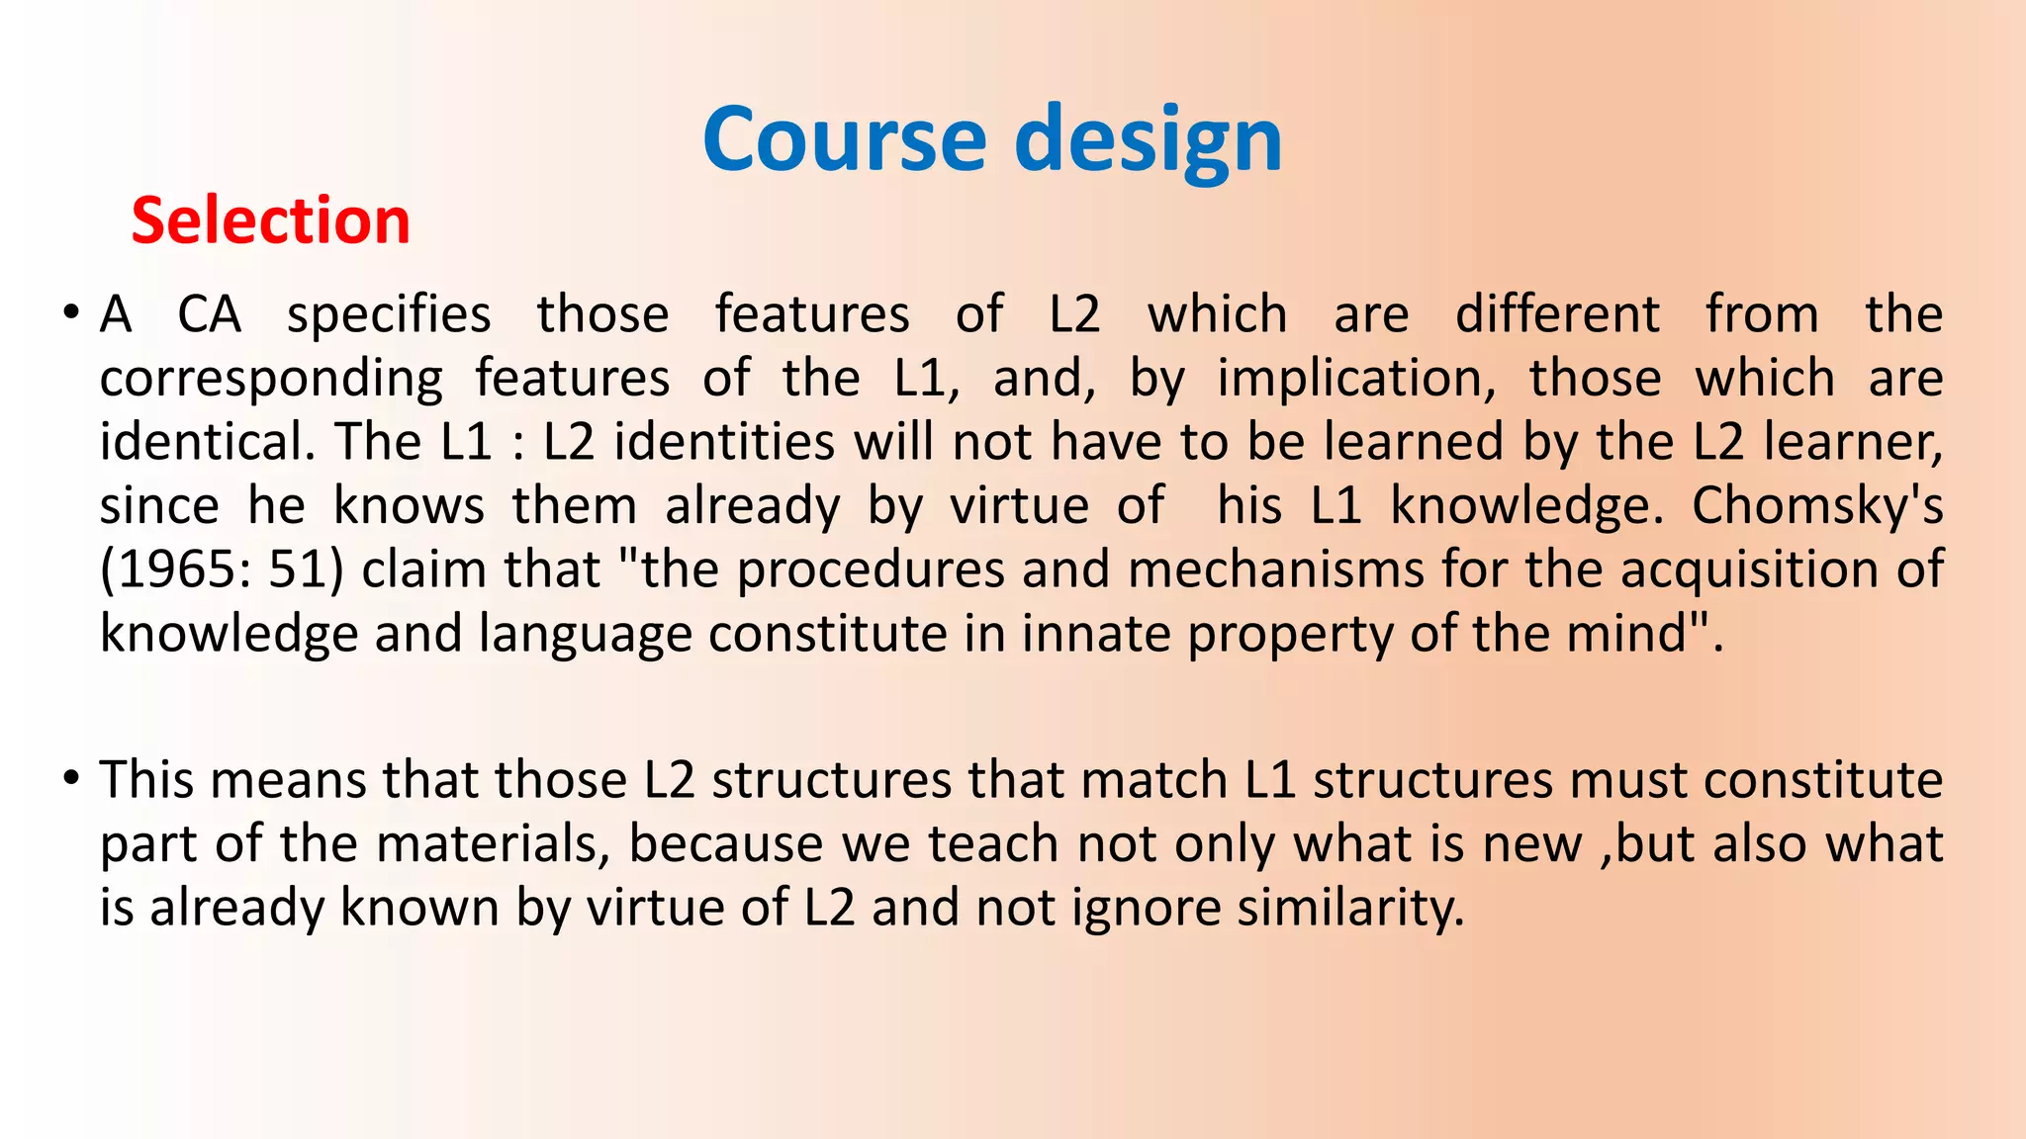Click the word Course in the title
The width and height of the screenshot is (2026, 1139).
844,139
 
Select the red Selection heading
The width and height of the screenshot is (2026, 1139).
270,220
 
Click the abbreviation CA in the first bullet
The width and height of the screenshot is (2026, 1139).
209,314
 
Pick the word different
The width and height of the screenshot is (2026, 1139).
1556,314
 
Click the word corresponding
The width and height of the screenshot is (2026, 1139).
271,380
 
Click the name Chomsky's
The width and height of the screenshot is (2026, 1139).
1816,506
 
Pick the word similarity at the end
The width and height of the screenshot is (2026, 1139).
1350,908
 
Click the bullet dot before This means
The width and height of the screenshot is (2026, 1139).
69,779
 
